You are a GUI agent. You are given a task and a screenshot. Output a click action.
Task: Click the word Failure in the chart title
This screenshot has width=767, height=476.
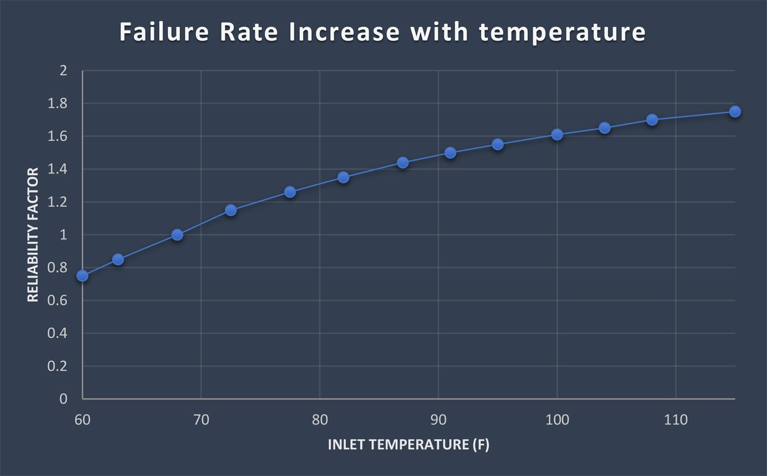coord(164,32)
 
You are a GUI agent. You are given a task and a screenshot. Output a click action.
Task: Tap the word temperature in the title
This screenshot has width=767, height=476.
coord(562,32)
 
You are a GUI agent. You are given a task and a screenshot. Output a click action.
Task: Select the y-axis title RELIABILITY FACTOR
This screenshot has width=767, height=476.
coord(33,235)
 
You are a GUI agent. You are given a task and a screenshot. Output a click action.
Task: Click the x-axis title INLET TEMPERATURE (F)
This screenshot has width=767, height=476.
coord(408,445)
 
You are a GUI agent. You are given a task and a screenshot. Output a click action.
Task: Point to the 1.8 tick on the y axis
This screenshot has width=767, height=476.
coord(57,103)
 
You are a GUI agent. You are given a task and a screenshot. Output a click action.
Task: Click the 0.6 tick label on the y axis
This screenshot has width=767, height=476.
coord(57,300)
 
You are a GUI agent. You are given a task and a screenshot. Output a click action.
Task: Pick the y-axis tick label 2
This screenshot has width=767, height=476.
coord(63,70)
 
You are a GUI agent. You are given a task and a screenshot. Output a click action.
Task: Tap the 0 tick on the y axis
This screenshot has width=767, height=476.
coord(63,399)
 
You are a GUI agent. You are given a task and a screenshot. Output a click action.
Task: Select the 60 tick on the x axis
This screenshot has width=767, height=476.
coord(82,420)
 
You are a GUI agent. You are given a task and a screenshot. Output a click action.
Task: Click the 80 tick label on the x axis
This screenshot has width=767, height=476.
coord(319,420)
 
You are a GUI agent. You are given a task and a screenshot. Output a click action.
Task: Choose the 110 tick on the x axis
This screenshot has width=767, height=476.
coord(676,420)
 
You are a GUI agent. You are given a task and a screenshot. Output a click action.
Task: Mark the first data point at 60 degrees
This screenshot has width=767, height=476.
coord(82,276)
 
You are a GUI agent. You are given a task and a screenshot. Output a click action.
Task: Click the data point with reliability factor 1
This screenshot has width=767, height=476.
coord(177,235)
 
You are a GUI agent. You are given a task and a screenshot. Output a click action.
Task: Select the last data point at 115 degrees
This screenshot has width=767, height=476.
coord(735,111)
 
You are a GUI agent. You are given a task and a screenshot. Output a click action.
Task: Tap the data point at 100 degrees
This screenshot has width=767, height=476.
coord(557,135)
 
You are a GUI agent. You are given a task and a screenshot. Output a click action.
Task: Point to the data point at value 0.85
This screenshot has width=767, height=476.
coord(118,260)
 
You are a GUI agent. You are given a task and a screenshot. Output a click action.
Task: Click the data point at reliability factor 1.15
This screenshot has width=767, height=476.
coord(231,210)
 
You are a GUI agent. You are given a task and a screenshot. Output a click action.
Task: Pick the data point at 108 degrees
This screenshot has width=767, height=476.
coord(652,120)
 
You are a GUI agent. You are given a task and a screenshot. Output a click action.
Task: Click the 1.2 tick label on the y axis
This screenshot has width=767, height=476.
coord(57,202)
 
